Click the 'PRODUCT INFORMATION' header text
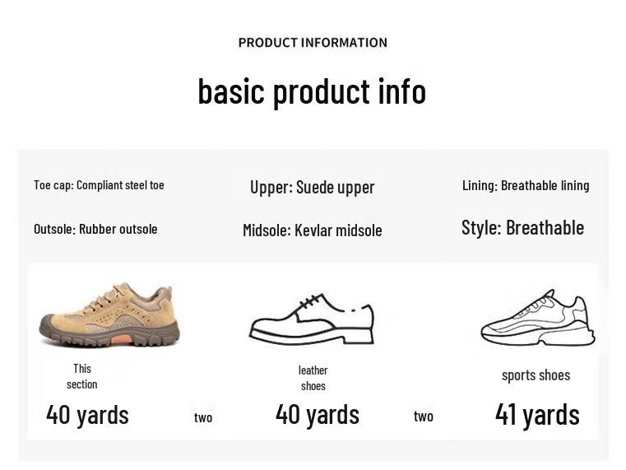(313, 43)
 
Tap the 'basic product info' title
(312, 91)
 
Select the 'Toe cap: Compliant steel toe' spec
(99, 185)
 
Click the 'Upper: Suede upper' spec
(312, 187)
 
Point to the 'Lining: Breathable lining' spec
(526, 185)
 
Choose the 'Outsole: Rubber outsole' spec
(95, 229)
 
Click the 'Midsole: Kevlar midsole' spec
(312, 230)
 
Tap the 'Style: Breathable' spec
(522, 228)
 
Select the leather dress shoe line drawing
(312, 319)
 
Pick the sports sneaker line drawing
(538, 319)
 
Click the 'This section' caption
(82, 376)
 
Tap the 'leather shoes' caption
(313, 378)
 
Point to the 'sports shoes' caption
(536, 375)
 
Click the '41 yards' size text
(537, 415)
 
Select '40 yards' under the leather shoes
(317, 414)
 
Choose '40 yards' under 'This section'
(87, 415)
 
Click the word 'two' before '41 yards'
(424, 416)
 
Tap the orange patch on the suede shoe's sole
(121, 338)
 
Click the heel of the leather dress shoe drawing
(360, 335)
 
